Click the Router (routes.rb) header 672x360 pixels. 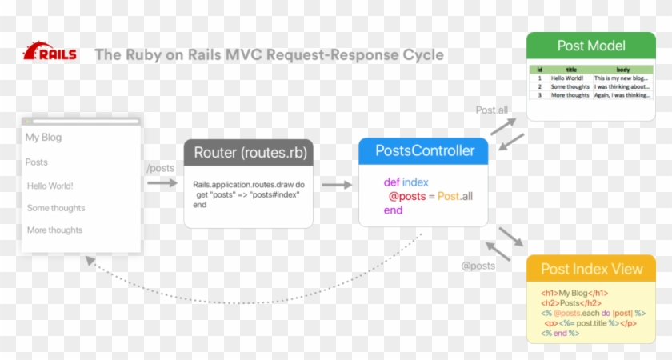(249, 153)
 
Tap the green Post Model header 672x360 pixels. (590, 46)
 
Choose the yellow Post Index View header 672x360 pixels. (591, 269)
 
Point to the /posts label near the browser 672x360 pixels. (160, 168)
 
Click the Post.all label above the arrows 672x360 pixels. (491, 110)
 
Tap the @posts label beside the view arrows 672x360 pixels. (478, 266)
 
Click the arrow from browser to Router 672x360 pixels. (162, 183)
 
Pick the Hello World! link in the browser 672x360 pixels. (50, 186)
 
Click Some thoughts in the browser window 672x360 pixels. (56, 208)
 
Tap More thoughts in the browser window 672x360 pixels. (54, 230)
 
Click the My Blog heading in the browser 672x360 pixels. (43, 138)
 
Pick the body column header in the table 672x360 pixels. (622, 70)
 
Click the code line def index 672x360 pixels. (406, 182)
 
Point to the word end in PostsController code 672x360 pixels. (393, 210)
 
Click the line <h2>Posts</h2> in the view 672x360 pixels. (570, 302)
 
